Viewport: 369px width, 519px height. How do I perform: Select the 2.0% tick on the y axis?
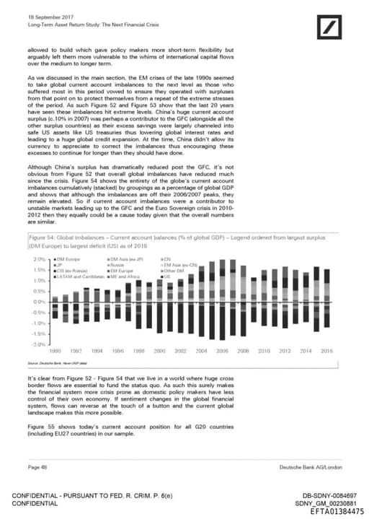(x=40, y=258)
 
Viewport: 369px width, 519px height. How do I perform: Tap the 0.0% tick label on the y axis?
(x=40, y=302)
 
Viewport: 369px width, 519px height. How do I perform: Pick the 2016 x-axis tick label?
(x=326, y=351)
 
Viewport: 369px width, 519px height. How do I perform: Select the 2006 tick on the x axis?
(x=222, y=351)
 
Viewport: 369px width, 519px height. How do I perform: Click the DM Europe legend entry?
(x=68, y=258)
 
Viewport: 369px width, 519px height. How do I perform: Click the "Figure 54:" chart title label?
(x=44, y=237)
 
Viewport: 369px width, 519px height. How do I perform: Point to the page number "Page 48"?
(x=38, y=468)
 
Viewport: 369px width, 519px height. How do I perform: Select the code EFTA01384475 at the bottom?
(x=334, y=511)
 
